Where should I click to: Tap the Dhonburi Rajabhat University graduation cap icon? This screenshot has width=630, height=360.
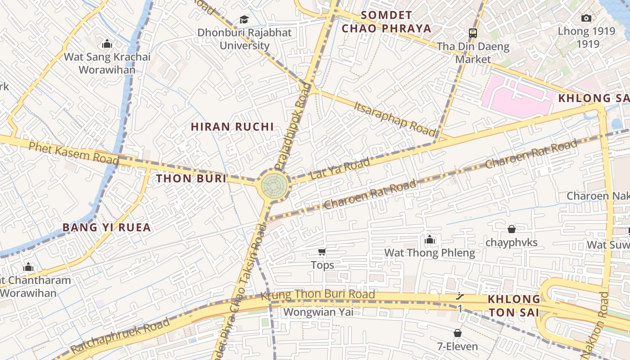pos(244,20)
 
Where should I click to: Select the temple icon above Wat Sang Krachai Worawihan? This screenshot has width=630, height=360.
pos(107,44)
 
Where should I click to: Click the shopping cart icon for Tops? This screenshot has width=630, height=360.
pos(322,252)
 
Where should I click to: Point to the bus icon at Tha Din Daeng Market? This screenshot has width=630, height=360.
pos(472,33)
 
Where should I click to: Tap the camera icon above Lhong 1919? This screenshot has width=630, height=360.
pos(586,18)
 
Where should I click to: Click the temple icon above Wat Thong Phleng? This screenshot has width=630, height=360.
pos(430,239)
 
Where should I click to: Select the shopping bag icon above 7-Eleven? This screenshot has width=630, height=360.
pos(457,333)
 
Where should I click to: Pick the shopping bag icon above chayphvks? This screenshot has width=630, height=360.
pos(511,229)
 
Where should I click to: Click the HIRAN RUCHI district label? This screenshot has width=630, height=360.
pos(232,127)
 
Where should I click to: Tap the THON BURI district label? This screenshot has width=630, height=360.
pos(191,178)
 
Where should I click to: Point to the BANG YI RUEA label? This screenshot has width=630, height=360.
pos(107,228)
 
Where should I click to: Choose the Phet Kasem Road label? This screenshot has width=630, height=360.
pos(74,152)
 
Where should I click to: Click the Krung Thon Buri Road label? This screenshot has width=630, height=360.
pos(318,295)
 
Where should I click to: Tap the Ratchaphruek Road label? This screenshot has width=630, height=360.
pos(121,335)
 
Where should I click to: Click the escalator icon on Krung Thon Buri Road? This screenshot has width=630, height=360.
pos(460,296)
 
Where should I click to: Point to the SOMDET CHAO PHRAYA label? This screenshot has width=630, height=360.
pos(386,22)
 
